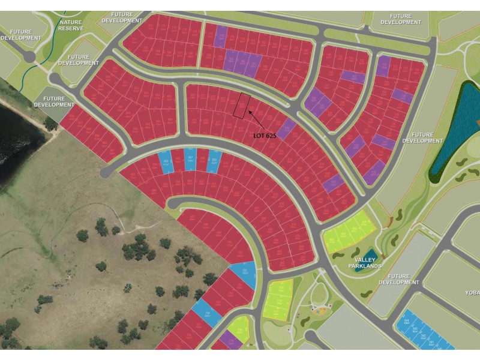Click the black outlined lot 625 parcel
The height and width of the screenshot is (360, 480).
point(241,106)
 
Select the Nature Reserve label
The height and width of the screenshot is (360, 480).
point(71,25)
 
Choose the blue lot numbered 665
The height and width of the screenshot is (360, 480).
point(166,161)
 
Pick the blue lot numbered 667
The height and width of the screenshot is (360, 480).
point(190,158)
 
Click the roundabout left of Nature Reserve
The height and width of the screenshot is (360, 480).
point(28,56)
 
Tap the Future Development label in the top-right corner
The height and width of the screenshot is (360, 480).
point(405,19)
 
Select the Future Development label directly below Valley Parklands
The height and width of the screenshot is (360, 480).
point(399,279)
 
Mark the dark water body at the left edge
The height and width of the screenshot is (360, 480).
point(18,138)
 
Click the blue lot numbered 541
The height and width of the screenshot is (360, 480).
point(433,343)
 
